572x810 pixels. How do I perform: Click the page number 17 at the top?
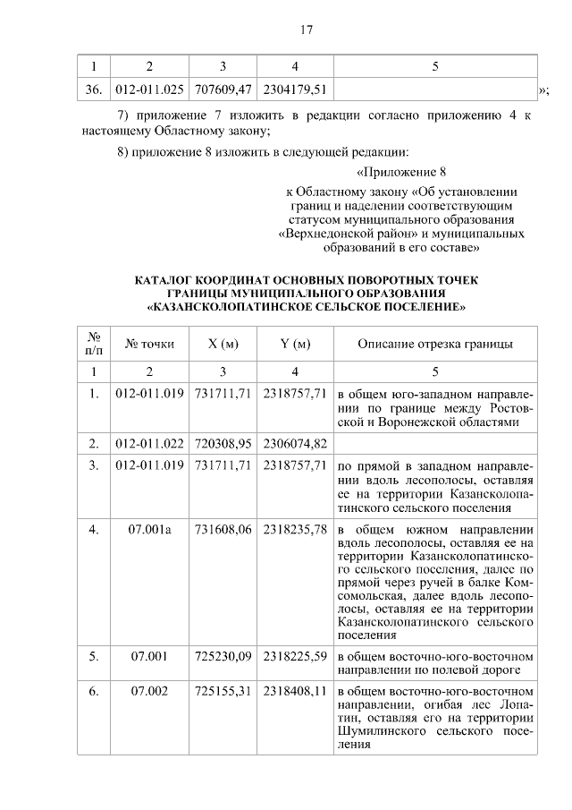click(306, 30)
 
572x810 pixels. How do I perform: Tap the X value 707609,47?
click(223, 90)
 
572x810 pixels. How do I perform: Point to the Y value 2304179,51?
click(294, 90)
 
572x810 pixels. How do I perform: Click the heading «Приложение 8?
click(400, 172)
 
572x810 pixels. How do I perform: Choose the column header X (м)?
click(223, 344)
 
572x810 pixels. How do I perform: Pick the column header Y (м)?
click(294, 344)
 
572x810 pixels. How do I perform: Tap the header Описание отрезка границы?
click(434, 344)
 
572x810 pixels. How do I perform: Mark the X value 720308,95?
click(223, 442)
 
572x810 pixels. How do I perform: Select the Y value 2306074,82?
click(294, 442)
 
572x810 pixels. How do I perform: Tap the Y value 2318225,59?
click(294, 656)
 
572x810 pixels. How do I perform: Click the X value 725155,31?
click(223, 692)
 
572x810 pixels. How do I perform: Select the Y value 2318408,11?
click(294, 692)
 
